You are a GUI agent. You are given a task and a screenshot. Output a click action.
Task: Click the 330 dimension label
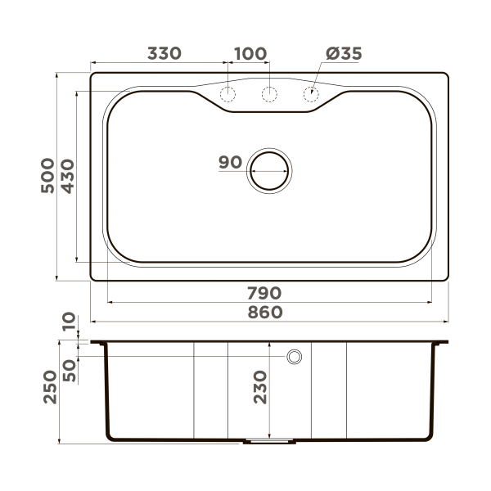[x=164, y=54]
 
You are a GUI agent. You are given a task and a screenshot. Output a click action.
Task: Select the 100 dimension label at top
[x=250, y=54]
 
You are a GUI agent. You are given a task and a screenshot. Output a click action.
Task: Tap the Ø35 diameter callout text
[x=344, y=54]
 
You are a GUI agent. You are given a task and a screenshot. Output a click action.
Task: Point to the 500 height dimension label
[x=47, y=176]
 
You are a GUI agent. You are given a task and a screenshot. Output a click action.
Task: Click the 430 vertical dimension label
[x=67, y=176]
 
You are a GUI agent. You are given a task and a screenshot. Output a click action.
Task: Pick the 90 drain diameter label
[x=231, y=162]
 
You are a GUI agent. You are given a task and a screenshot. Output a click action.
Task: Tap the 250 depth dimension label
[x=47, y=386]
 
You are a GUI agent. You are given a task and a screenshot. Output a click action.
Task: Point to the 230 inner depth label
[x=260, y=386]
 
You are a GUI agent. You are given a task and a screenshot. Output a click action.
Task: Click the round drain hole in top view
[x=269, y=172]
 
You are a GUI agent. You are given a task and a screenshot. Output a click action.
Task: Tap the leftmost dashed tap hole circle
[x=228, y=94]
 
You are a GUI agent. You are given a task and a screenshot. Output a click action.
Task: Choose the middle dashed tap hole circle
[x=269, y=94]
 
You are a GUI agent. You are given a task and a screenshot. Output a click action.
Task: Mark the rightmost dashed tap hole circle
[x=310, y=94]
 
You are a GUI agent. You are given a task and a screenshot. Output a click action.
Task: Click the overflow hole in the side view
[x=294, y=357]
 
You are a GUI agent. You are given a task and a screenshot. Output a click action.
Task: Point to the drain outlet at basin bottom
[x=269, y=441]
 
